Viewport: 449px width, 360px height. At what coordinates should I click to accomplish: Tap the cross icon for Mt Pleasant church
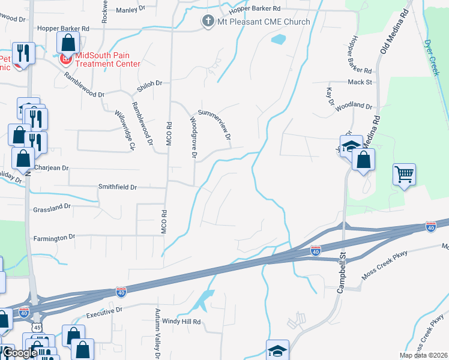coord(208,22)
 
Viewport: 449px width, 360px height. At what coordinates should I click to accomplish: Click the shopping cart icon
coord(405,175)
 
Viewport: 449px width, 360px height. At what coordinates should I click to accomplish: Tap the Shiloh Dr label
coord(151,84)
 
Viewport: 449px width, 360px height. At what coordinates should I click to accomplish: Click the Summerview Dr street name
coord(214,125)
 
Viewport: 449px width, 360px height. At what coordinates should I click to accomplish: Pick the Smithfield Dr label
coord(118,187)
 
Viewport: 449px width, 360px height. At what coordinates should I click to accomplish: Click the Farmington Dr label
coord(54,238)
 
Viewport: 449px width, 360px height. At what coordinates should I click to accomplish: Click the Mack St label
coord(360,82)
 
